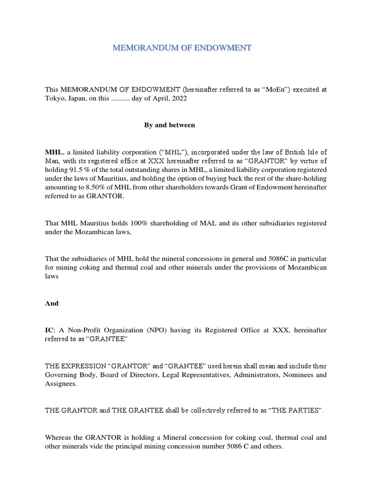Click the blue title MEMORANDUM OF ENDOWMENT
point(182,48)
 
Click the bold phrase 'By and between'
point(170,125)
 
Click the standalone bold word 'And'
point(51,303)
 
